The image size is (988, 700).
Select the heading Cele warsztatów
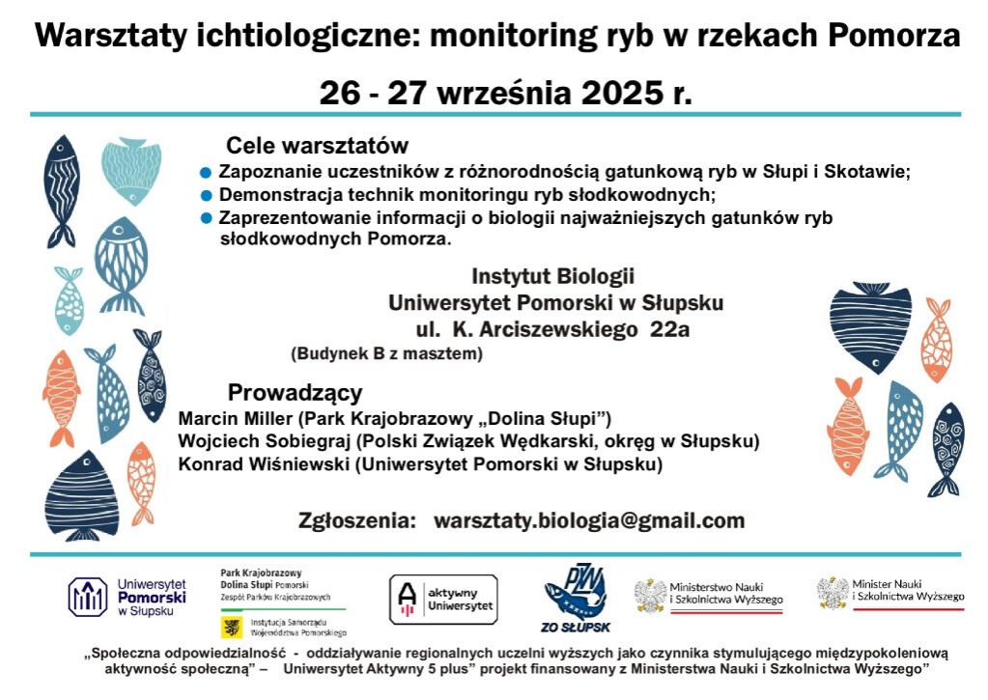point(317,146)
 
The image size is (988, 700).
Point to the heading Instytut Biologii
point(553,276)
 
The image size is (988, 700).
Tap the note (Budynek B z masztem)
point(386,354)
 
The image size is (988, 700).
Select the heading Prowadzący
point(295,393)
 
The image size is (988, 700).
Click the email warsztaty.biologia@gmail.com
point(589,520)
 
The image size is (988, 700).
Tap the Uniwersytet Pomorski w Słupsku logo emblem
point(88,597)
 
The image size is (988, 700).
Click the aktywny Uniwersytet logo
point(443,599)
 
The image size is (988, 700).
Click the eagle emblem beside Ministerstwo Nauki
point(650,596)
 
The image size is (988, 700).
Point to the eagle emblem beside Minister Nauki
point(833,592)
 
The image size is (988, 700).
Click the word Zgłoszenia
point(356,520)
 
